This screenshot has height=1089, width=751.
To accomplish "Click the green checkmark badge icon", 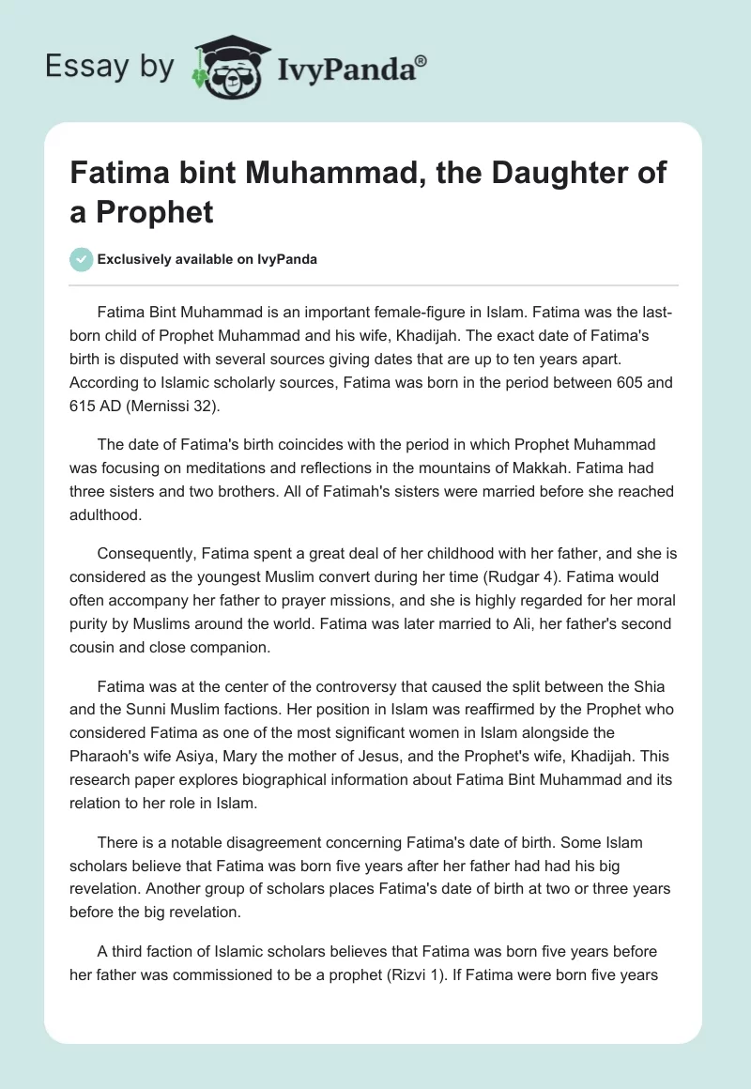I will coord(82,259).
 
